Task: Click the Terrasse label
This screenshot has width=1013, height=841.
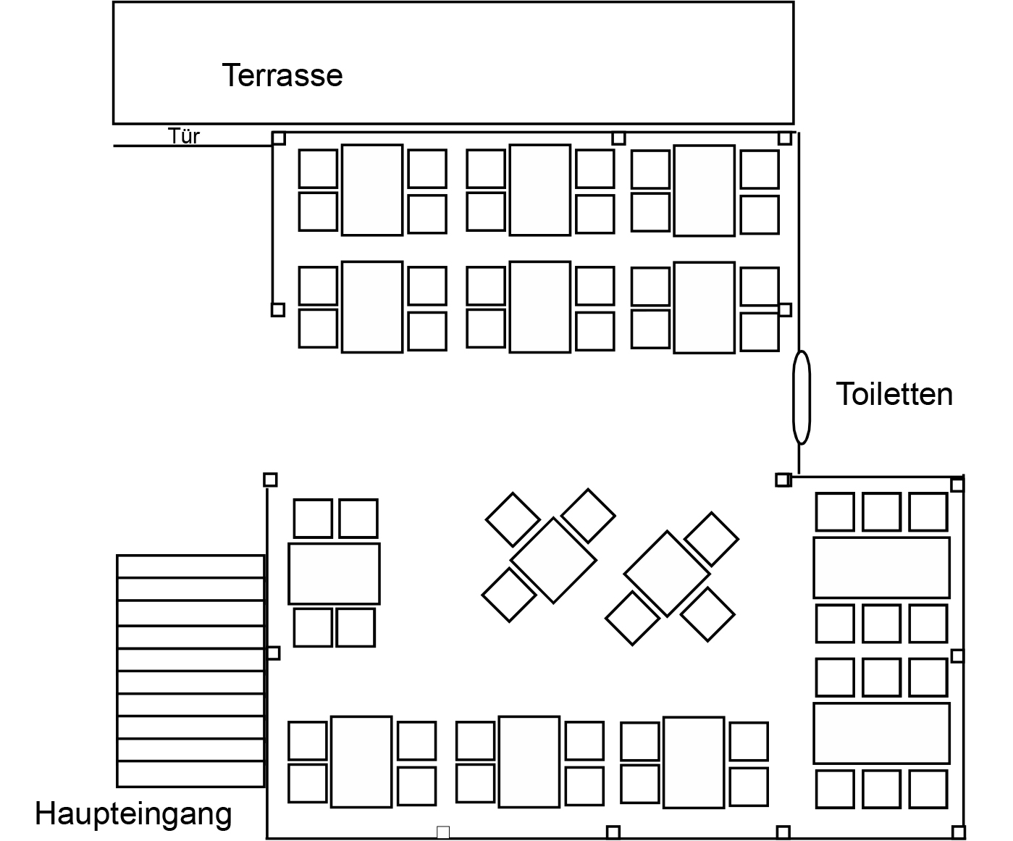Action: (282, 75)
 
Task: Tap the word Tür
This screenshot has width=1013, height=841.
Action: (184, 136)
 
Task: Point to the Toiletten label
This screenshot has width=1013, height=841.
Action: (894, 394)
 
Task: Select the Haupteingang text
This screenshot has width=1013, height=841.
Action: (134, 813)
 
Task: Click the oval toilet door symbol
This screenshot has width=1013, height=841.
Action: (801, 397)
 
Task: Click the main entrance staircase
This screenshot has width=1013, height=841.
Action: (190, 671)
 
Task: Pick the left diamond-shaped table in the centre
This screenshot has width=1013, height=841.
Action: (553, 560)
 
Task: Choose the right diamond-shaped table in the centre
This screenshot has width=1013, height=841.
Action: (667, 574)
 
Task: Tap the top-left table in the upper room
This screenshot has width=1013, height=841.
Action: (372, 190)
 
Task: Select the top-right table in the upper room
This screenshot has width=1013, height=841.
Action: (704, 190)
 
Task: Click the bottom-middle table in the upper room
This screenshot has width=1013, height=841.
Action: (539, 306)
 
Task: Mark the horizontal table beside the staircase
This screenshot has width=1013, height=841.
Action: (334, 573)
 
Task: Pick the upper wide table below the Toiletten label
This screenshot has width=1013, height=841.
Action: (881, 567)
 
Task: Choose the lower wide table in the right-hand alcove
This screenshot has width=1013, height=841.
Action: (881, 733)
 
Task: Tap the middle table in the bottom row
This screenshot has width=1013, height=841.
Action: (529, 761)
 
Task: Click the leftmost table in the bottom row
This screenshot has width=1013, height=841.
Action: (361, 761)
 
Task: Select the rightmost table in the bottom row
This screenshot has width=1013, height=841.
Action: (694, 762)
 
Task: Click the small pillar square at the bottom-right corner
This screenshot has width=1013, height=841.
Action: (958, 832)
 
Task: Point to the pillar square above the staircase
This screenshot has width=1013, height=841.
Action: (270, 480)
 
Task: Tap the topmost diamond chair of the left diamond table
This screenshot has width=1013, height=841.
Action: (588, 515)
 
